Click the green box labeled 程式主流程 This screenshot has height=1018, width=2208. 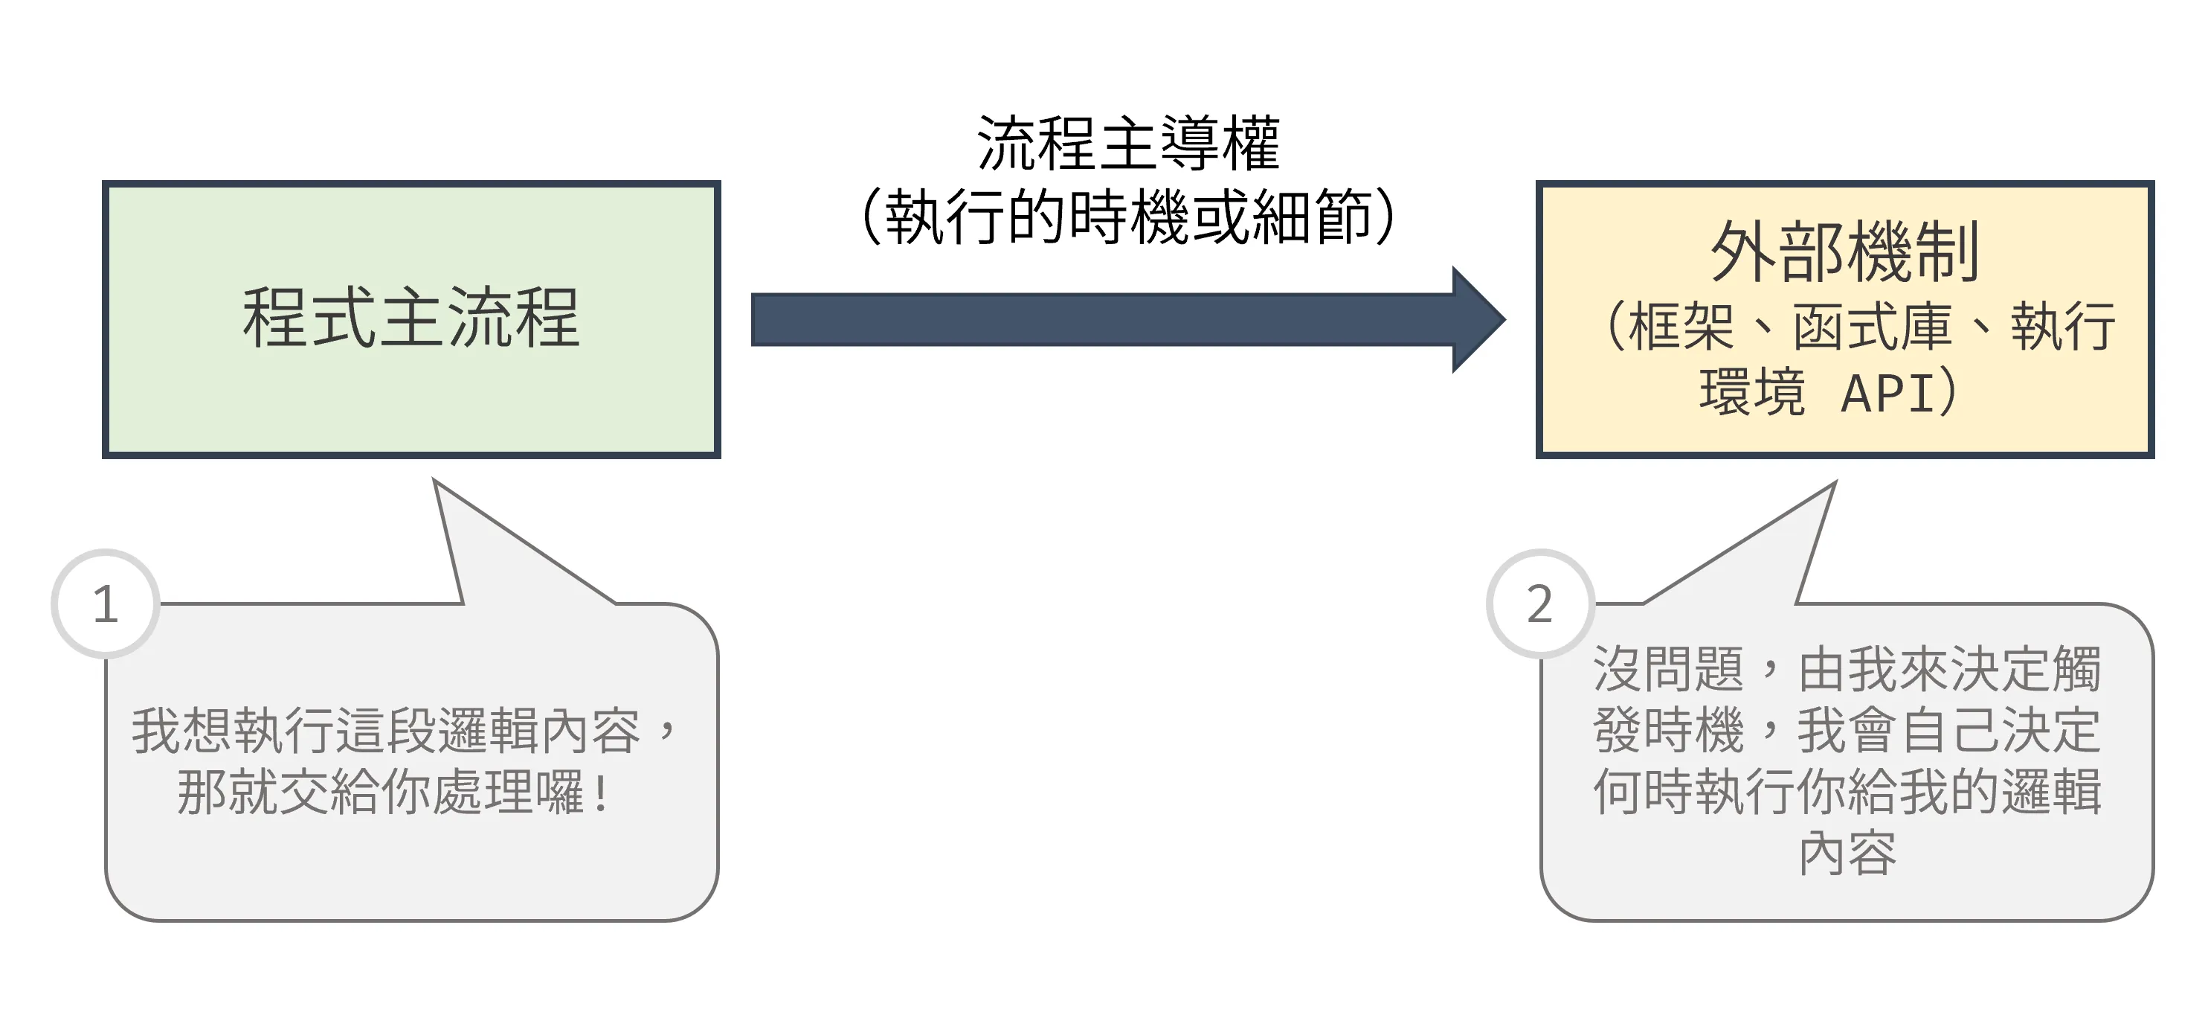[x=411, y=319]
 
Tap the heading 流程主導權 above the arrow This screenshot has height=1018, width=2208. [x=1128, y=142]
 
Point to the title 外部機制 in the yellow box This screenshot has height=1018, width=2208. [x=1844, y=252]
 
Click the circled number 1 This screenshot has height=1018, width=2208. [x=106, y=604]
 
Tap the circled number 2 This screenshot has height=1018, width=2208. [x=1540, y=604]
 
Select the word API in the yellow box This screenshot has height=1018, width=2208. [x=1887, y=394]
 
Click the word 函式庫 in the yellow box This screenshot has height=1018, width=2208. [x=1872, y=327]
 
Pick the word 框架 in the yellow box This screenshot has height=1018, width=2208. [x=1681, y=327]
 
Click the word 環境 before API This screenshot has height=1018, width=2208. [x=1752, y=394]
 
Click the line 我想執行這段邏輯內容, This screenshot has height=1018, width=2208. [x=403, y=731]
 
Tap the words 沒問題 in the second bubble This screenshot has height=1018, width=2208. [x=1668, y=669]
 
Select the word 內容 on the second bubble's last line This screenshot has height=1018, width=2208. [x=1847, y=854]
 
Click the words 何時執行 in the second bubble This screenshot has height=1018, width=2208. [x=1693, y=792]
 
